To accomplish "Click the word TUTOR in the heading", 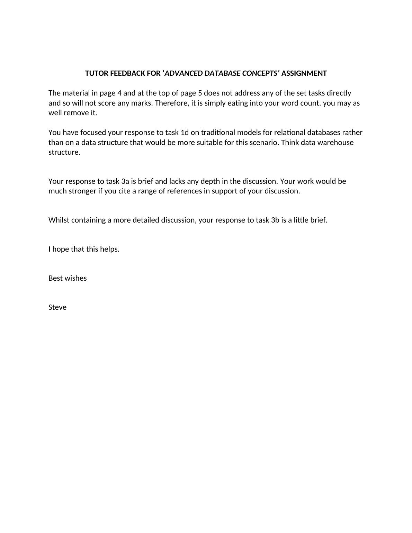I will tap(97, 73).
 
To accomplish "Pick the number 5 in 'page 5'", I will tap(200, 93).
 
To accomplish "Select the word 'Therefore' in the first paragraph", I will tap(171, 103).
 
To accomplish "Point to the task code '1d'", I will tap(185, 133).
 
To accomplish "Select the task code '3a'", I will tap(125, 181).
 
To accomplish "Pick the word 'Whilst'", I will tap(59, 220).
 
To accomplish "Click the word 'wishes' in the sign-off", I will tap(76, 278).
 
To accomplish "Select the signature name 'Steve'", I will tap(57, 307).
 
